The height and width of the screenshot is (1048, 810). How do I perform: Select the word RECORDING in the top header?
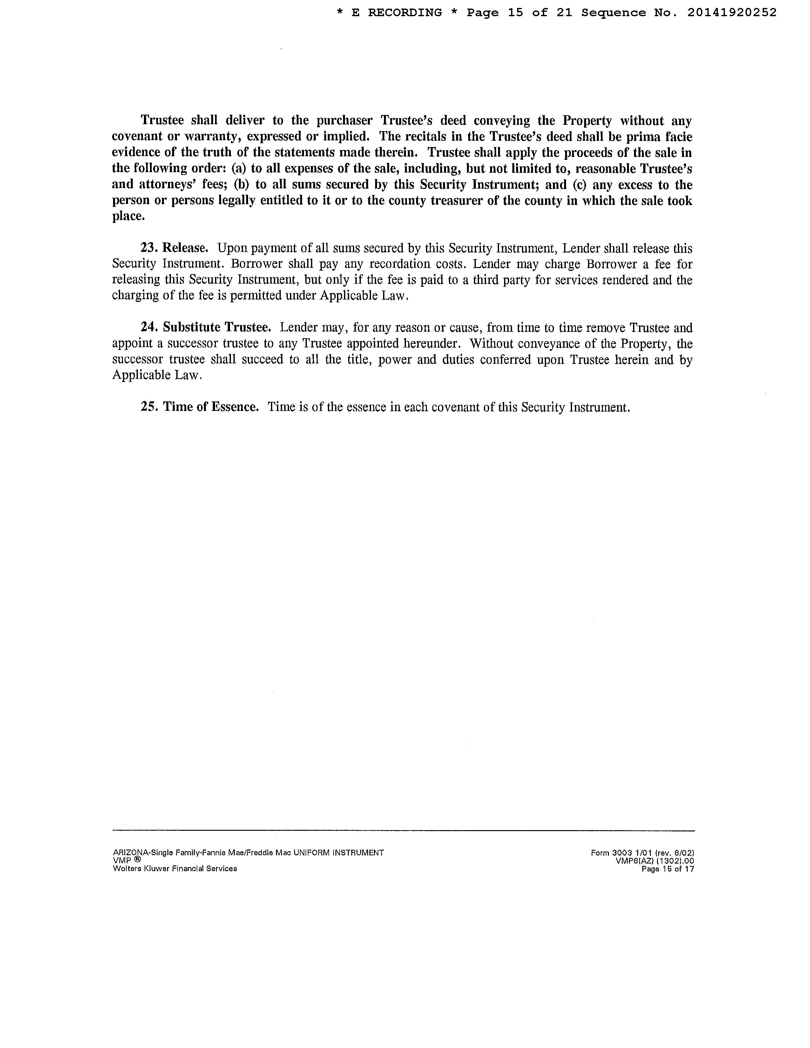tap(405, 13)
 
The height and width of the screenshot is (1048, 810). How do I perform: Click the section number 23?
tap(148, 249)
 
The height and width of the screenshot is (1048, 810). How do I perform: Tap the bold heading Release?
tap(185, 249)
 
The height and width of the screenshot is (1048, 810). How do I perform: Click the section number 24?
tap(148, 328)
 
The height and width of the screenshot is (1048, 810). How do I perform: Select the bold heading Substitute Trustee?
tap(217, 328)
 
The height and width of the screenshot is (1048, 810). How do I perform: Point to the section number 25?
tap(148, 407)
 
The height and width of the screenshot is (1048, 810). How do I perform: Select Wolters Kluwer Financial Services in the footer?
tap(175, 869)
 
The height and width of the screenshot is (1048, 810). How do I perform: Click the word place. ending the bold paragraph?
tap(128, 216)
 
